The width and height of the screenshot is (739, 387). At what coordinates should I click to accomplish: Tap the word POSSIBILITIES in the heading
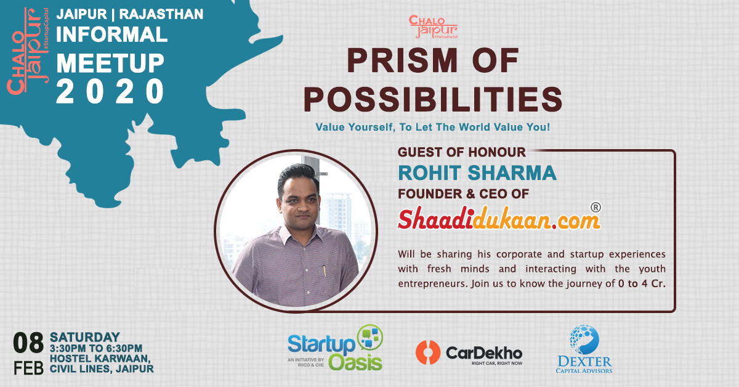point(433,99)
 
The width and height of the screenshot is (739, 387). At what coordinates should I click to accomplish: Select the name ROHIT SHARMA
point(477,173)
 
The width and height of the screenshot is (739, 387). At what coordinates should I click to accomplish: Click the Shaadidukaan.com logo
point(499,219)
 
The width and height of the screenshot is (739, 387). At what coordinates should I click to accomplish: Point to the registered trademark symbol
point(596,208)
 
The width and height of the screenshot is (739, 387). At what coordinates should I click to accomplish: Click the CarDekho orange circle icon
point(428,352)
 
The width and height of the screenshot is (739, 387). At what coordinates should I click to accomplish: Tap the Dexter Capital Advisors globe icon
point(584,340)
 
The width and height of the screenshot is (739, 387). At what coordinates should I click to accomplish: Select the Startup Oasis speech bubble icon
point(370,338)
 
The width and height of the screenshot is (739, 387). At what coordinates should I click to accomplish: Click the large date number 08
point(28,343)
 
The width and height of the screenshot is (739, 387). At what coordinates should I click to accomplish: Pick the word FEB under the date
point(28,367)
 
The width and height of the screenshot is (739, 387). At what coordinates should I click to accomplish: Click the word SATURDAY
point(85,337)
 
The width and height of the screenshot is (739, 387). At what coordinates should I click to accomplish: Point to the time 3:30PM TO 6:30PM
point(96,348)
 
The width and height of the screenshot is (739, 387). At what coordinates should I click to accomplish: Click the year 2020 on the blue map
point(110,91)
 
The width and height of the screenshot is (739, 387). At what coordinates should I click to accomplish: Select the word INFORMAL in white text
point(112,35)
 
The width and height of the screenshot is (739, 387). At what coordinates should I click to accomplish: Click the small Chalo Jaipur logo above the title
point(433,26)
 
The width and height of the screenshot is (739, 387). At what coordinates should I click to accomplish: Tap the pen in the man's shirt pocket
point(325,271)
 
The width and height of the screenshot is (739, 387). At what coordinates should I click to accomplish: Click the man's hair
point(298,176)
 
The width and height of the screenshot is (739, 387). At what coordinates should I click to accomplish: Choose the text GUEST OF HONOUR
point(461,152)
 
